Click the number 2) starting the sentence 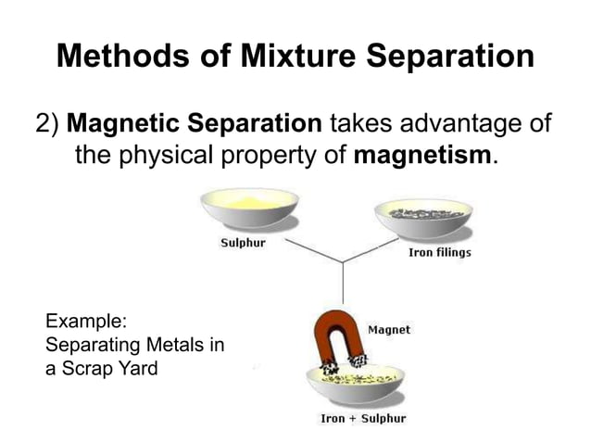tap(49, 123)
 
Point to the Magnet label tap(390, 329)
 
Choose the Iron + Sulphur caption tap(362, 419)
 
